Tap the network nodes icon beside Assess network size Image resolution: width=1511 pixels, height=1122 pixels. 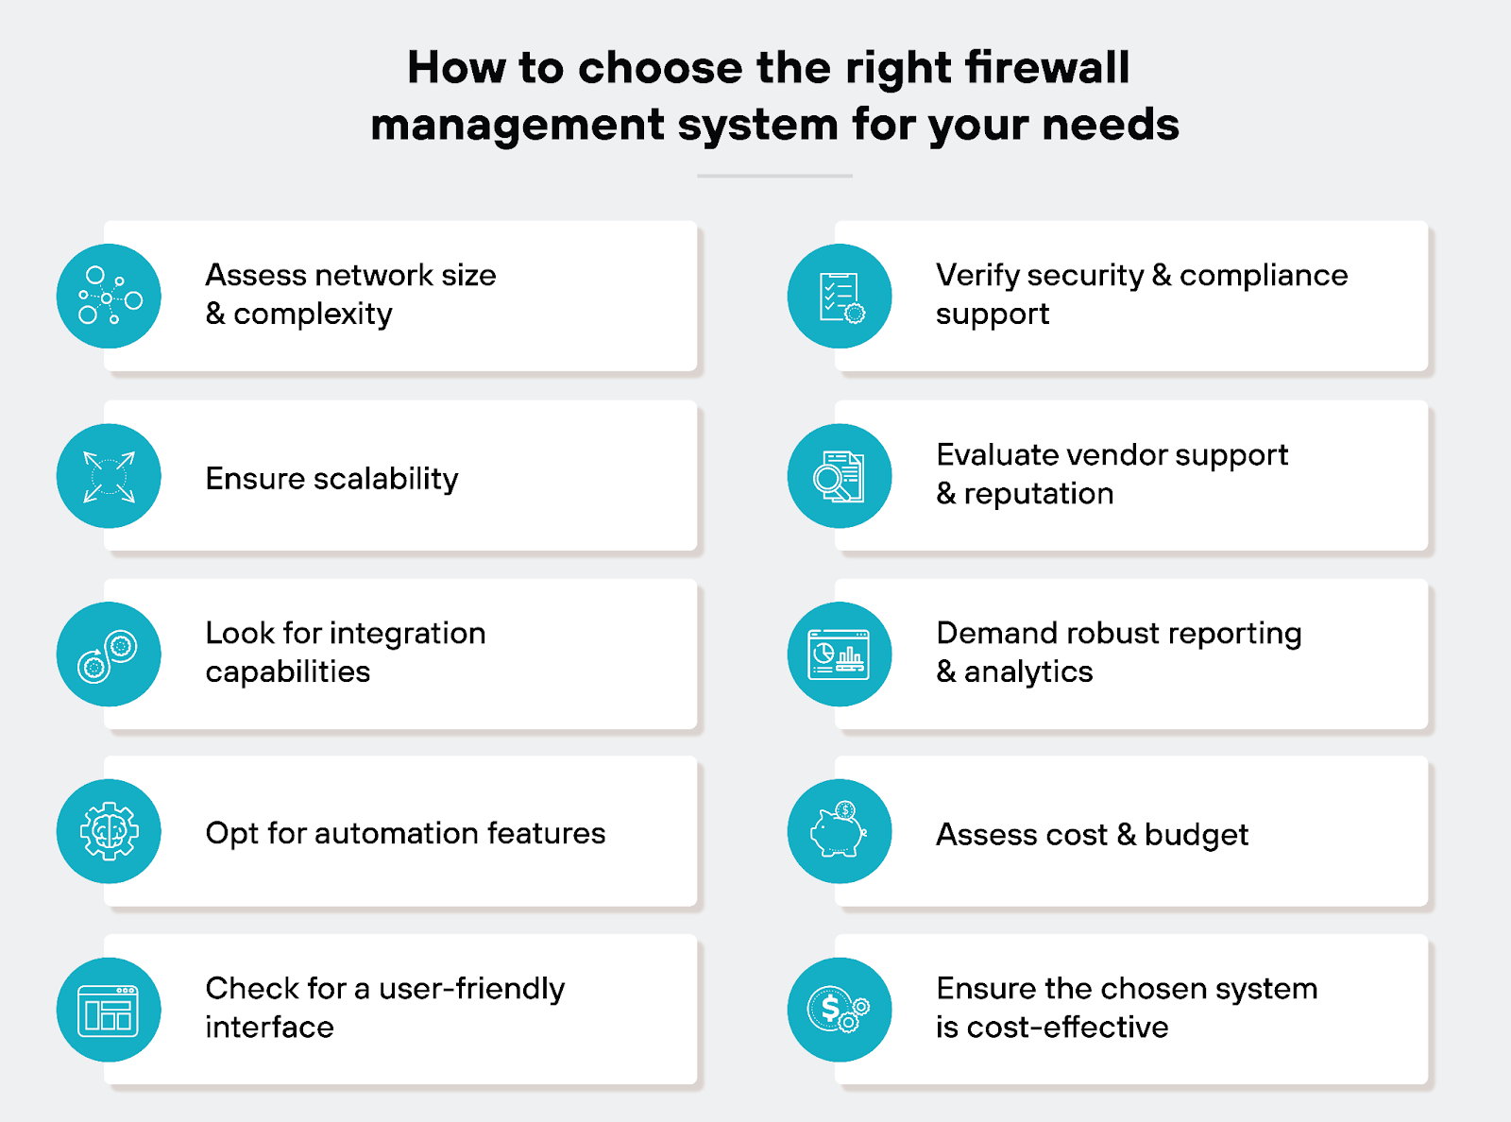click(x=109, y=297)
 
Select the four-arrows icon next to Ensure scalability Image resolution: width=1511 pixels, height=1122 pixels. click(x=109, y=476)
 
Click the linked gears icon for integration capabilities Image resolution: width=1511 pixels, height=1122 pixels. click(x=109, y=654)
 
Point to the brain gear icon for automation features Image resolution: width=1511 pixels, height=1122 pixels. click(x=109, y=832)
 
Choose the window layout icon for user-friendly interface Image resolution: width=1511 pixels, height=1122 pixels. click(x=109, y=1011)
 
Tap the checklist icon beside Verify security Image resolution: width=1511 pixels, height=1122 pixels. click(x=840, y=297)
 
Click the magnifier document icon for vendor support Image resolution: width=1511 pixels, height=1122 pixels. click(x=840, y=476)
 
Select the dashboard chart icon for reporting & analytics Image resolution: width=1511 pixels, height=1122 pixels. click(x=840, y=654)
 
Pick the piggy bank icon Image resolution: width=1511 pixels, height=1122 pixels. click(x=840, y=832)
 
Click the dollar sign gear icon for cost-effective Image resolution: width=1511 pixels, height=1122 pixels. click(x=840, y=1011)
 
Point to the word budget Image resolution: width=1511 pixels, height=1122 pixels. click(x=1196, y=835)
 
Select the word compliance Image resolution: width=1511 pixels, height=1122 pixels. click(x=1264, y=275)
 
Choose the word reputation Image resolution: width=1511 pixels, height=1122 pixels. click(x=1038, y=494)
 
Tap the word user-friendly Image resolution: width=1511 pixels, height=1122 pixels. click(x=471, y=989)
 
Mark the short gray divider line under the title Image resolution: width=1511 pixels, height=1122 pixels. click(x=774, y=176)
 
